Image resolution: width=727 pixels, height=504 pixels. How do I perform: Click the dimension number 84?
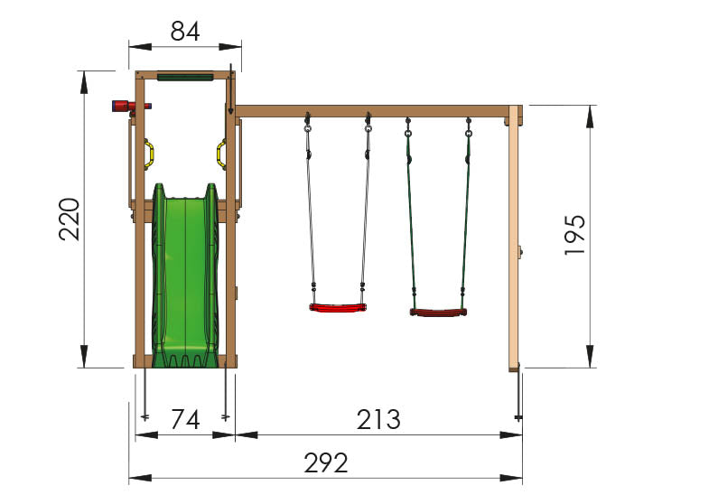coord(185,32)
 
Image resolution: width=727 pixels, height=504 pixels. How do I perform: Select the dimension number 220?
coord(70,219)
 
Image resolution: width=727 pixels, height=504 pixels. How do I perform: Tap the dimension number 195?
coord(575,236)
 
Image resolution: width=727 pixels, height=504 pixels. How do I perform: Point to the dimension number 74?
coord(185,421)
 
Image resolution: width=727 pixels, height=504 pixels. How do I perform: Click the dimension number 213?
coord(377,421)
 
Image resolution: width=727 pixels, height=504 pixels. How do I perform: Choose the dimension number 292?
coord(326,464)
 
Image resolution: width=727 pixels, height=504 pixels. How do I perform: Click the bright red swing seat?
coord(339,308)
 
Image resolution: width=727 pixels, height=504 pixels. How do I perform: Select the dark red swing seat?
coord(438,313)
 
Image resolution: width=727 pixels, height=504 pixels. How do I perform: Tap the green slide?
coord(185,280)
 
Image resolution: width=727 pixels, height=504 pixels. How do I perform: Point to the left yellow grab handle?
coord(150,154)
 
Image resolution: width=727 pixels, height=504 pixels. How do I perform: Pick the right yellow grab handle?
coord(220,154)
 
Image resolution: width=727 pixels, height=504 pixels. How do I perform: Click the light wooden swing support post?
coord(514,239)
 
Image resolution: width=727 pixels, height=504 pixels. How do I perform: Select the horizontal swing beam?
coord(370,111)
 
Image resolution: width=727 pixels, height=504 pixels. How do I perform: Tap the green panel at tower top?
coord(185,77)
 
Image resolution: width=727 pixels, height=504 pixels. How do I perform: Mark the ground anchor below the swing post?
coord(518,397)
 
